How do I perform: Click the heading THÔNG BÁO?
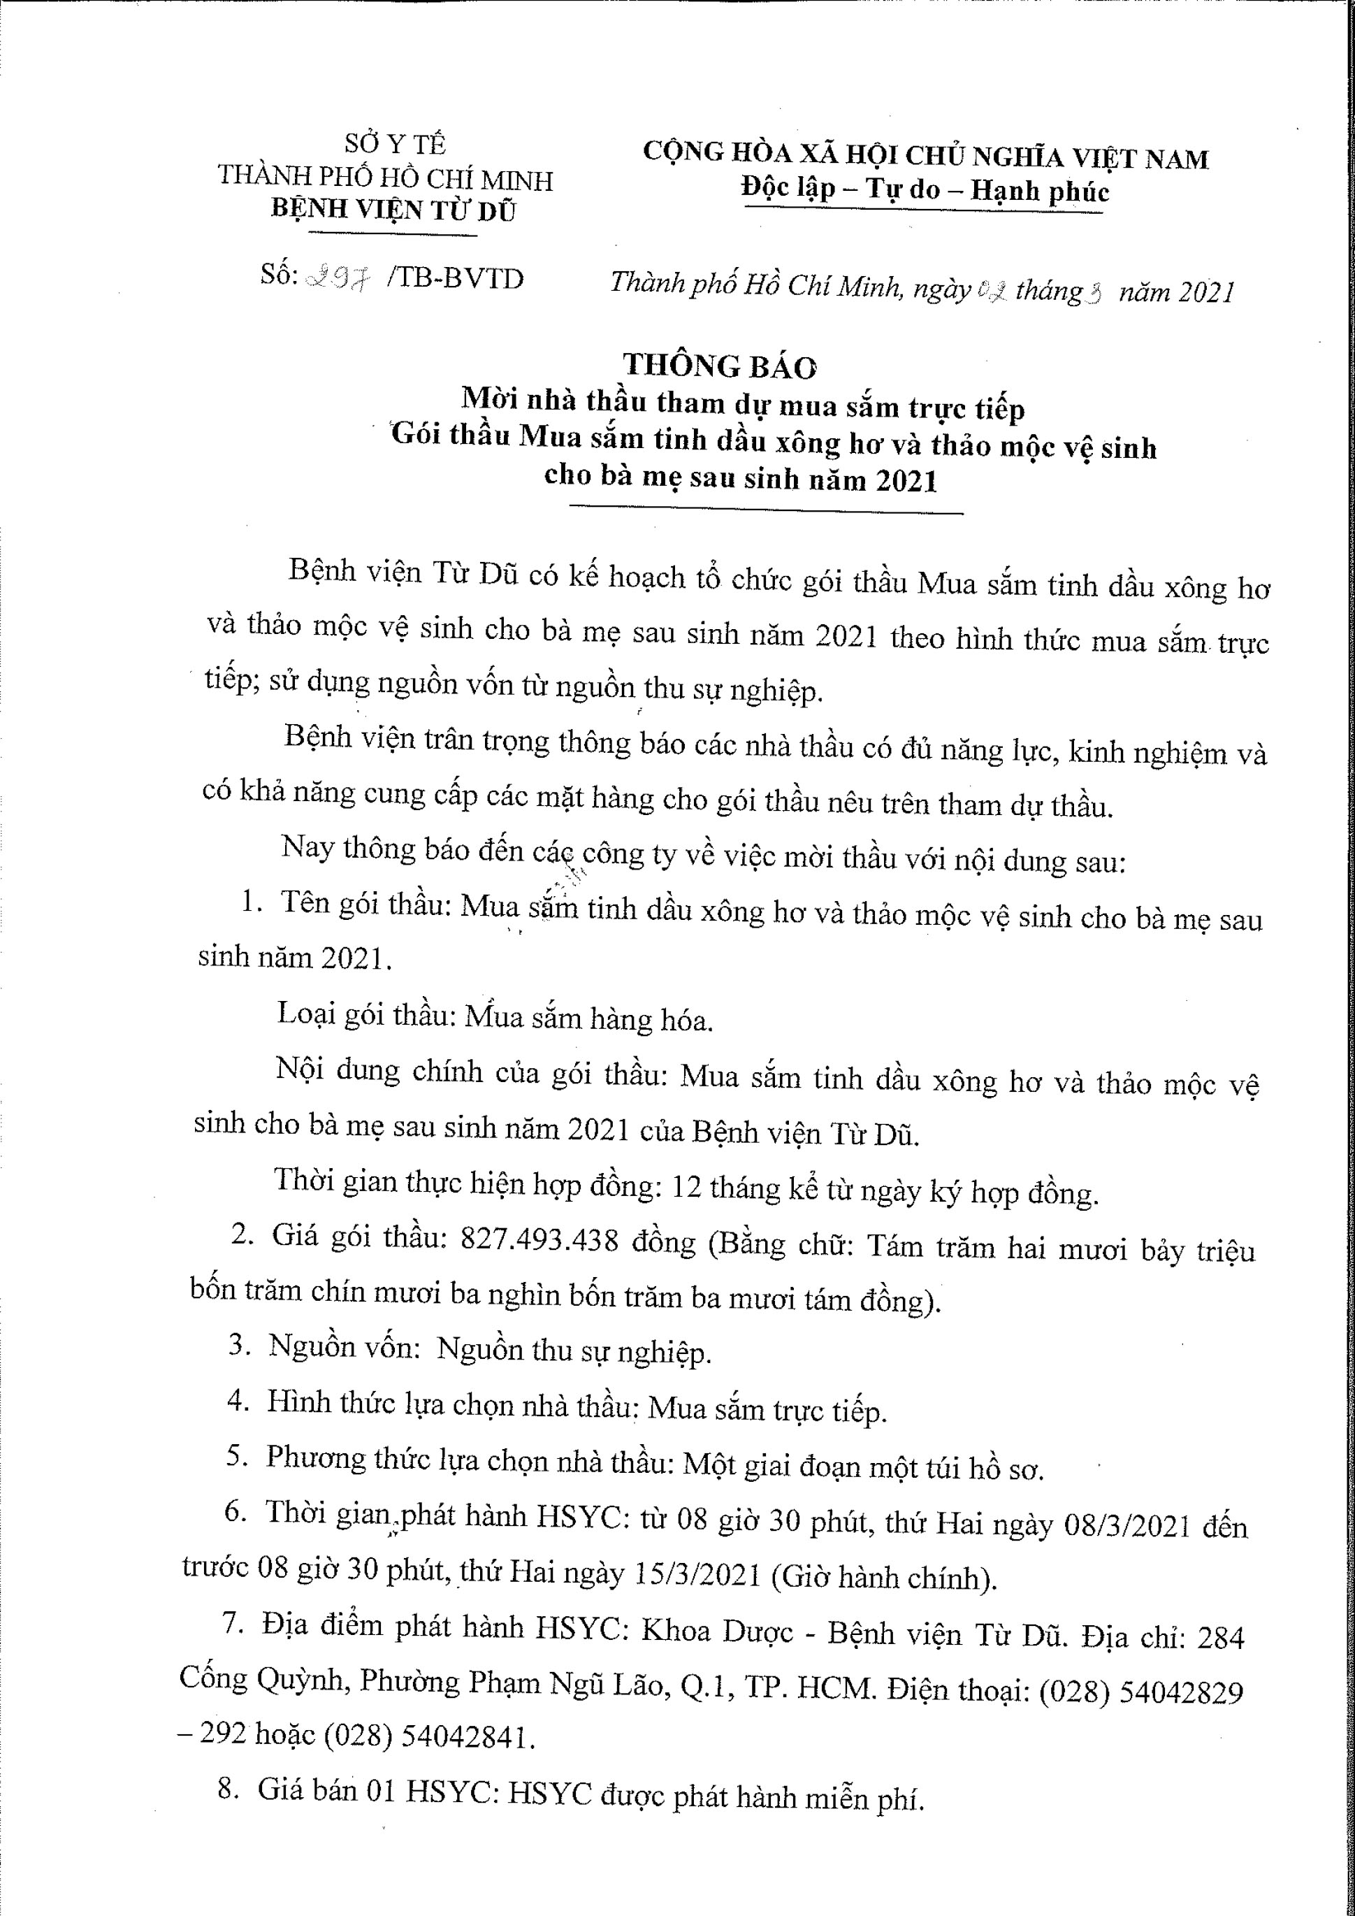pos(720,366)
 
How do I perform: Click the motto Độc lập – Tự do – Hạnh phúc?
pos(925,190)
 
